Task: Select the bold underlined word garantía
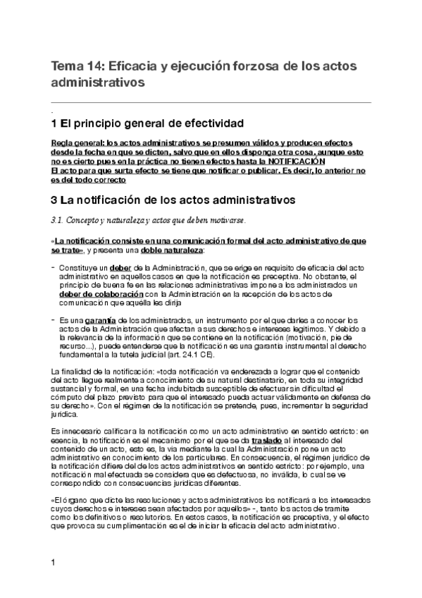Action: (98, 321)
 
